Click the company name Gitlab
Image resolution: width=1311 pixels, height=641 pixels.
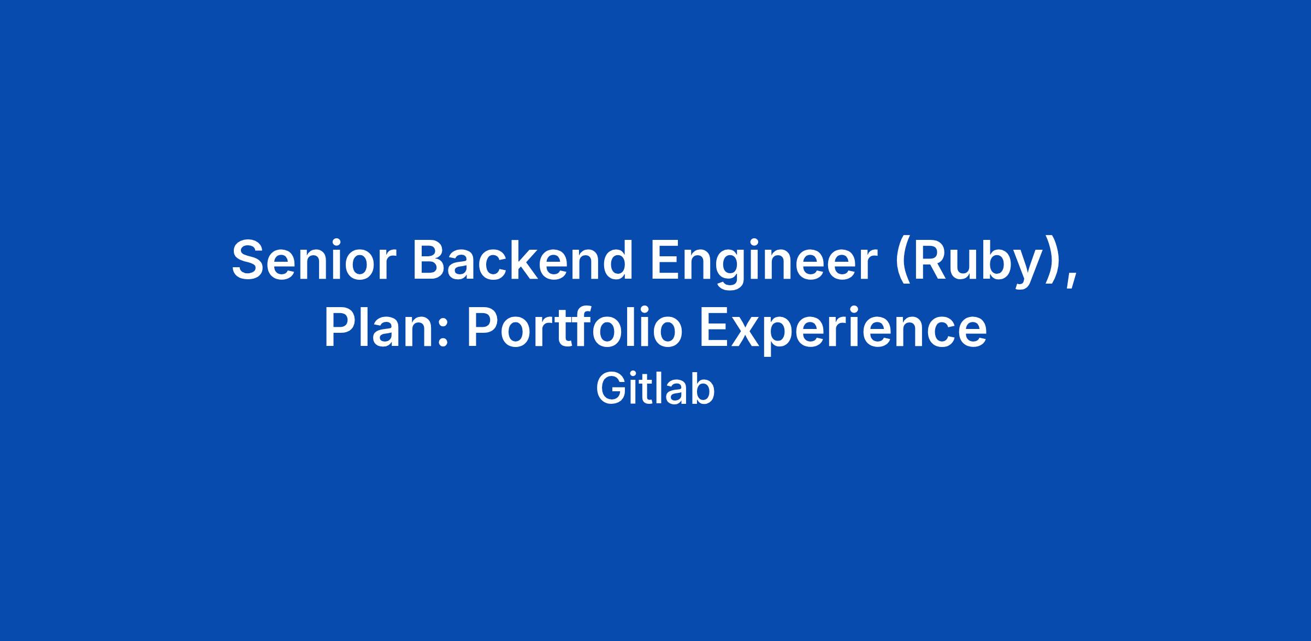pos(655,389)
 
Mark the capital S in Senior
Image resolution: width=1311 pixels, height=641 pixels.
pos(250,260)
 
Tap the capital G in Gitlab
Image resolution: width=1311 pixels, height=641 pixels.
pos(611,389)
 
